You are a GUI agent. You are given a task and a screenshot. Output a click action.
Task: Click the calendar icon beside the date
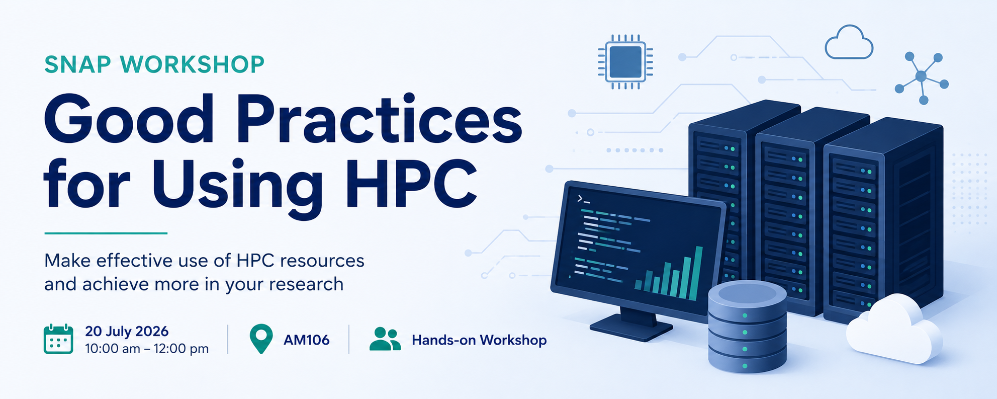(x=58, y=339)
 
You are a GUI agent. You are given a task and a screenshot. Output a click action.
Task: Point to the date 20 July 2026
(x=127, y=331)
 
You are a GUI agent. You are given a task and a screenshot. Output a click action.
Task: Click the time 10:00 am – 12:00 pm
(x=147, y=349)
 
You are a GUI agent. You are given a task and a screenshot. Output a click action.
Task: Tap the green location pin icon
(x=261, y=339)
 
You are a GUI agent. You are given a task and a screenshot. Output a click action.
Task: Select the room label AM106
(x=307, y=340)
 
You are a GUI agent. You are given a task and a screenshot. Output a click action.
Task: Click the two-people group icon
(x=385, y=339)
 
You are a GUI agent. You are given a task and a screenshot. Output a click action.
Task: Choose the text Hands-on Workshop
(x=479, y=340)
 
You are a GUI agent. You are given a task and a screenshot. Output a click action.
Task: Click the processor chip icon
(x=625, y=62)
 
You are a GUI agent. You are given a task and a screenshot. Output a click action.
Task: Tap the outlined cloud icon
(x=849, y=42)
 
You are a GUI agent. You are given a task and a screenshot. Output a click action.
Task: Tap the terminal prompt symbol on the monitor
(x=583, y=199)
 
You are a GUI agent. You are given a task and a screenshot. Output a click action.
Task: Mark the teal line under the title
(x=106, y=233)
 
